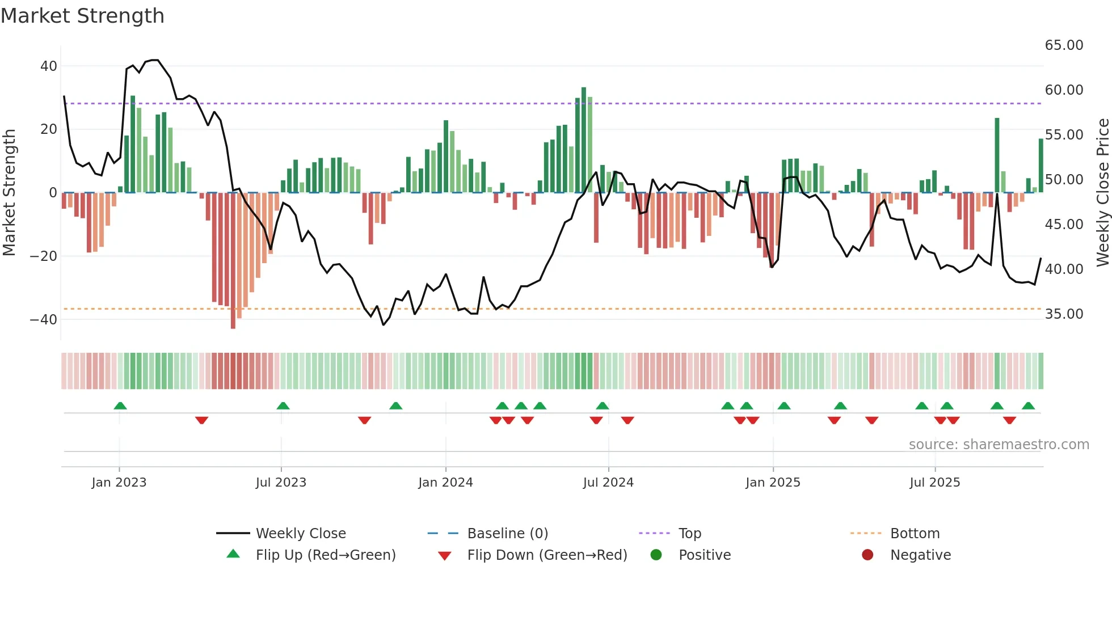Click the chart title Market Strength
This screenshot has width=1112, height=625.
82,16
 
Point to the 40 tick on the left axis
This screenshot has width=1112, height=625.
49,66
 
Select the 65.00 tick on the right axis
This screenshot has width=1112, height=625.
1064,45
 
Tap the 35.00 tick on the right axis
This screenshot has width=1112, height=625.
1064,314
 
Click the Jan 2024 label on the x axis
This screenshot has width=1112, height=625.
445,483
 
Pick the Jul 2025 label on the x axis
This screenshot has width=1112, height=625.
934,483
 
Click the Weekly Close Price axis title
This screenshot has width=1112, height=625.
1102,193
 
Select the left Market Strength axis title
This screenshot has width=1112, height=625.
10,193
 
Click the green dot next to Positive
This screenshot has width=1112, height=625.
656,555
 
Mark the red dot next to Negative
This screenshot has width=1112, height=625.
867,555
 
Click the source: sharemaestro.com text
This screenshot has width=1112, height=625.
999,445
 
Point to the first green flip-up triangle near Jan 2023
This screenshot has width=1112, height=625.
120,406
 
